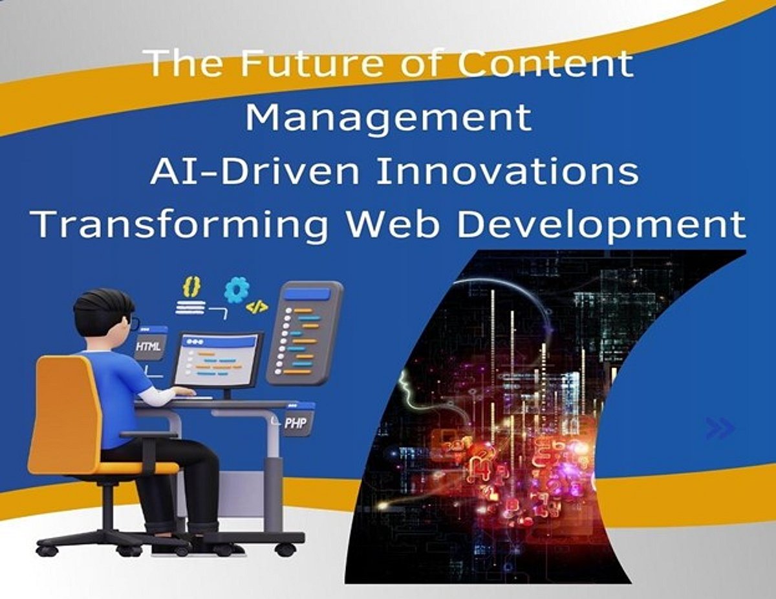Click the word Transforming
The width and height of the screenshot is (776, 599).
pos(179,226)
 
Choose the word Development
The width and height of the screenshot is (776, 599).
pos(601,225)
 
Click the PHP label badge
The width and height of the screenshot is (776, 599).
pos(297,422)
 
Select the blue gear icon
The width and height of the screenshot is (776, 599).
pos(237,290)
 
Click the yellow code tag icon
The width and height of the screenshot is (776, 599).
pos(257,307)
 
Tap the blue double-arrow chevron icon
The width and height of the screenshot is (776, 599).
pos(720,428)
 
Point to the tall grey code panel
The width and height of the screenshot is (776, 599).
pos(305,334)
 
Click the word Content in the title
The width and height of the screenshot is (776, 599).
pos(546,63)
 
